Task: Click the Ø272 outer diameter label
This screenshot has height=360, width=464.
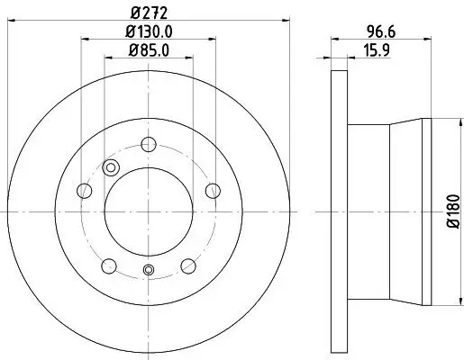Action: [149, 13]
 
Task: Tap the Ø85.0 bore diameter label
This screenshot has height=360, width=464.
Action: [149, 50]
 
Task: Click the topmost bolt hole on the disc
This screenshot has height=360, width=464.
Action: [149, 143]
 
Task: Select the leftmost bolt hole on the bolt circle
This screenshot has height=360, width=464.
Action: [85, 190]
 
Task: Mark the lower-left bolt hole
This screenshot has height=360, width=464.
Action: [109, 265]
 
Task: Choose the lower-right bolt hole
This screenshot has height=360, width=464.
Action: [188, 265]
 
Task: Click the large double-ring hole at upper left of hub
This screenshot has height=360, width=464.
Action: [112, 166]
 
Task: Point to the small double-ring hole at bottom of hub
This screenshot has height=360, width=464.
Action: [149, 272]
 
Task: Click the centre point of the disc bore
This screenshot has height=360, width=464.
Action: [149, 211]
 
